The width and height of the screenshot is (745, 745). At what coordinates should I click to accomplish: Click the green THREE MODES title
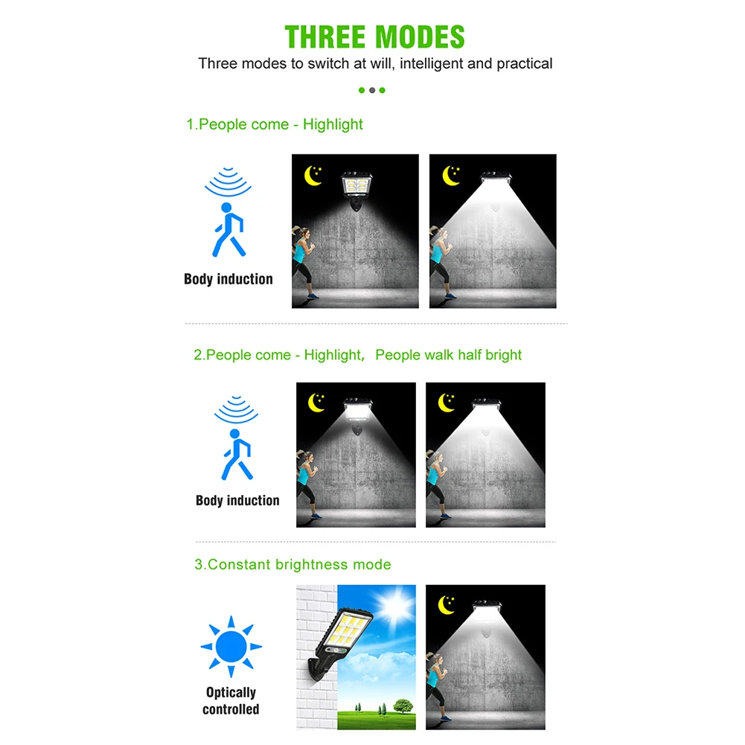point(374,36)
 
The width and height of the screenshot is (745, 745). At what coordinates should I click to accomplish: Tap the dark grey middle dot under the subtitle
point(372,90)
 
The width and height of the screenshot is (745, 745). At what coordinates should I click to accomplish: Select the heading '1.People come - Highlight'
point(275,124)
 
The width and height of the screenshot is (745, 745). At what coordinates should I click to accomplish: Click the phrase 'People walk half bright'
point(448,355)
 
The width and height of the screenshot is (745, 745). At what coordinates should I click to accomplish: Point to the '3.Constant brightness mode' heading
point(292,564)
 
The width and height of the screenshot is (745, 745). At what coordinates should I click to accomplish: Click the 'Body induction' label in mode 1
point(228,279)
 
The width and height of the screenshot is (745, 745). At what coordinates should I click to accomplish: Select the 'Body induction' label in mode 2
point(237,500)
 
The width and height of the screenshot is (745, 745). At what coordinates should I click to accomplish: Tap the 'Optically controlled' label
point(231,700)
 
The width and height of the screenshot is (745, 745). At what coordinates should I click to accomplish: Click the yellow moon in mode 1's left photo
point(312,176)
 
